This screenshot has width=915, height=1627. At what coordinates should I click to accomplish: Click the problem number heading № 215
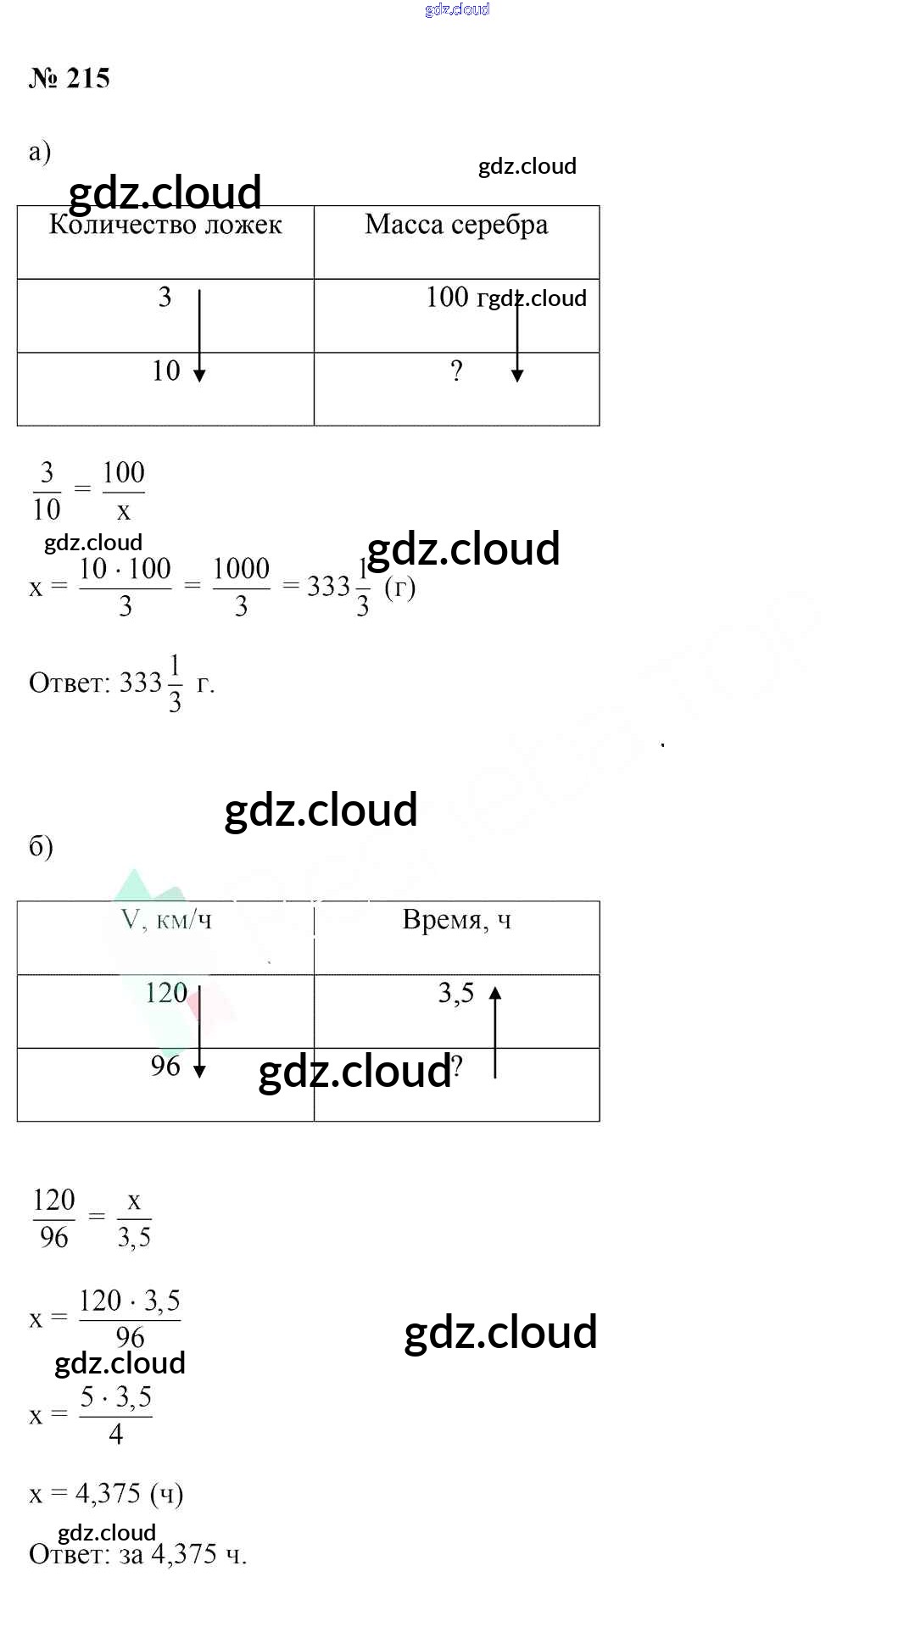(70, 78)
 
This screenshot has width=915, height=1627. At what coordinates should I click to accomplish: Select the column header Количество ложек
(165, 225)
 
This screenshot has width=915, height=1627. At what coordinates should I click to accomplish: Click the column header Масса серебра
(456, 225)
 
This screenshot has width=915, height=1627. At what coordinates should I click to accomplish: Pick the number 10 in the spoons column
(166, 371)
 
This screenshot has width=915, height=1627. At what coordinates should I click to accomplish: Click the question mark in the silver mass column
(456, 371)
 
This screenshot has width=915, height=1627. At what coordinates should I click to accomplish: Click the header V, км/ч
(166, 920)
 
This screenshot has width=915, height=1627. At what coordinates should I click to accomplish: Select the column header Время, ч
(456, 920)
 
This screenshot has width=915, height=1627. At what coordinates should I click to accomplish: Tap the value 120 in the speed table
(166, 993)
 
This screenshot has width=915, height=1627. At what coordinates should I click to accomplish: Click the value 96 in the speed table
(165, 1066)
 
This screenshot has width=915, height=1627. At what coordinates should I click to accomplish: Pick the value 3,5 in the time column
(455, 993)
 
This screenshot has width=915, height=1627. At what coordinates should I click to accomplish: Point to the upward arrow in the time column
(495, 1031)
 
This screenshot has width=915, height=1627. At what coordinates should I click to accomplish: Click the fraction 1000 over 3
(241, 587)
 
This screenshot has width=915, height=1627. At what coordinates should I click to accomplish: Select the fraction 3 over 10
(47, 491)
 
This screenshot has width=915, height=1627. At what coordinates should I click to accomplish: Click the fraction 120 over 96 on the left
(54, 1218)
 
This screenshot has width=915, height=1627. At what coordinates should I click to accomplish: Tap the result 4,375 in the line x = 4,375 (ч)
(109, 1494)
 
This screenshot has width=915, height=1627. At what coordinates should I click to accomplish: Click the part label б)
(41, 846)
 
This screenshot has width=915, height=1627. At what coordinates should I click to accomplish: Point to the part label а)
(40, 151)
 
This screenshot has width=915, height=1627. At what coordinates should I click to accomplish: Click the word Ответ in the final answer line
(68, 1554)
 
